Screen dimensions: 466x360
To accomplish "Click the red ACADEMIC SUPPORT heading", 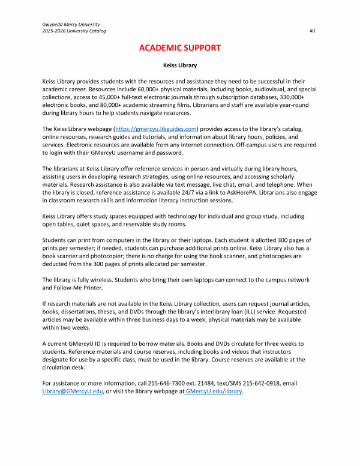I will point(180,47).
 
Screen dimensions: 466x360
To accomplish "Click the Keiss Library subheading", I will point(180,65).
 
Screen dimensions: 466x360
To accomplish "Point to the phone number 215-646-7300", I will point(172,383).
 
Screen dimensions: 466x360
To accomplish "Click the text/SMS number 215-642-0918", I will point(273,383).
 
